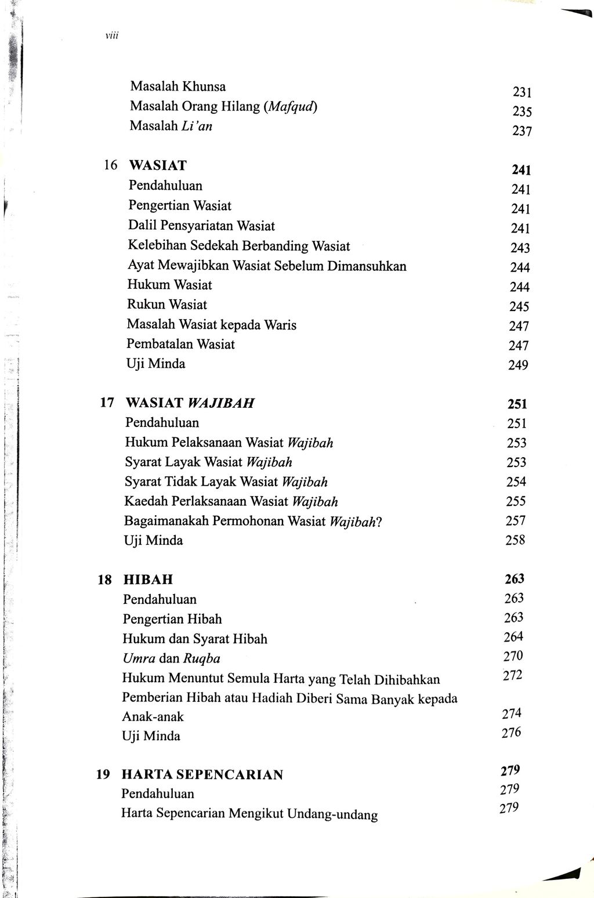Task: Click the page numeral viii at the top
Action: [x=111, y=36]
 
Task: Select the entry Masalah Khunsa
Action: [x=178, y=87]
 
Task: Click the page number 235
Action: [x=522, y=112]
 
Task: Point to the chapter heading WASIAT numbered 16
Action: [x=158, y=166]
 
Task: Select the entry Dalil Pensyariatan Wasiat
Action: [x=201, y=226]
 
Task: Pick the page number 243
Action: [x=520, y=248]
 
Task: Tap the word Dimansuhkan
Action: [x=367, y=266]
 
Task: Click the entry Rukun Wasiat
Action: [x=167, y=305]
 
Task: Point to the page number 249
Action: [x=518, y=365]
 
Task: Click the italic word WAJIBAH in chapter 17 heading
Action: [x=221, y=403]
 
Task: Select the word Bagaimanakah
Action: [x=166, y=521]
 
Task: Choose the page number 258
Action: [x=516, y=541]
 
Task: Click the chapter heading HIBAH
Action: [x=148, y=580]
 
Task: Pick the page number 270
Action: [x=513, y=656]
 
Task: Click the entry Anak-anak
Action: [x=153, y=717]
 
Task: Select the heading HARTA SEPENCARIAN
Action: [x=202, y=775]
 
